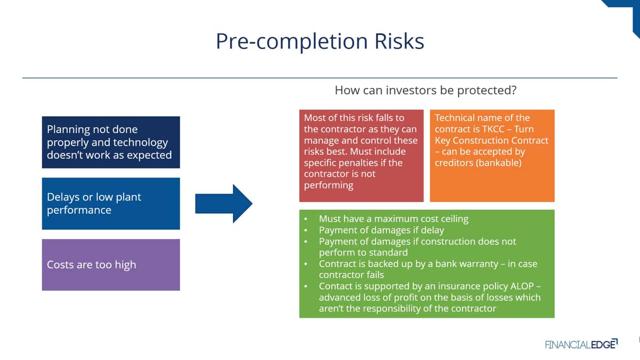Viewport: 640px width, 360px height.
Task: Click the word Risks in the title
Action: tap(399, 41)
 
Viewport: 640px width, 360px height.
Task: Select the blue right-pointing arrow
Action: tap(223, 204)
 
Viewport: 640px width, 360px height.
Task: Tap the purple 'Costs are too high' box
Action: tap(111, 265)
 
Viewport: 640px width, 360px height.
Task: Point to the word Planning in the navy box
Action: tap(68, 130)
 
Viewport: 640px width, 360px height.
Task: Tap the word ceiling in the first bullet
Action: tap(454, 219)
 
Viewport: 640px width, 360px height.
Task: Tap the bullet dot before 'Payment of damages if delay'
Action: tap(306, 230)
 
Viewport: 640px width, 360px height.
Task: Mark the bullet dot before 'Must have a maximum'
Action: tap(306, 219)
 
